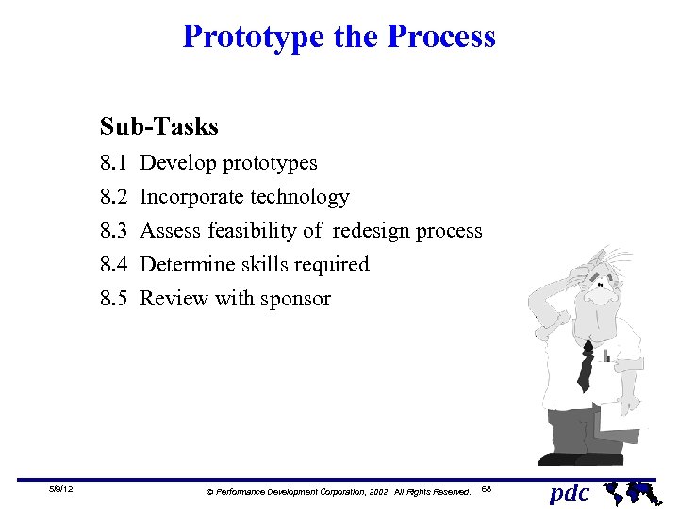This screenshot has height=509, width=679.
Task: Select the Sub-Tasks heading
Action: pos(159,126)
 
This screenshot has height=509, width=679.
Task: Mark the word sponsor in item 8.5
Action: pos(297,299)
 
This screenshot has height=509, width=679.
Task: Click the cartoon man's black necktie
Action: pos(586,366)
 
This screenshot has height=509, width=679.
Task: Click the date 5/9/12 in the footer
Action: pos(63,490)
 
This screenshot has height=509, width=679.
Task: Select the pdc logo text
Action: pos(570,492)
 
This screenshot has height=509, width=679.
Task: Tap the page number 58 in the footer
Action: pos(486,489)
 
